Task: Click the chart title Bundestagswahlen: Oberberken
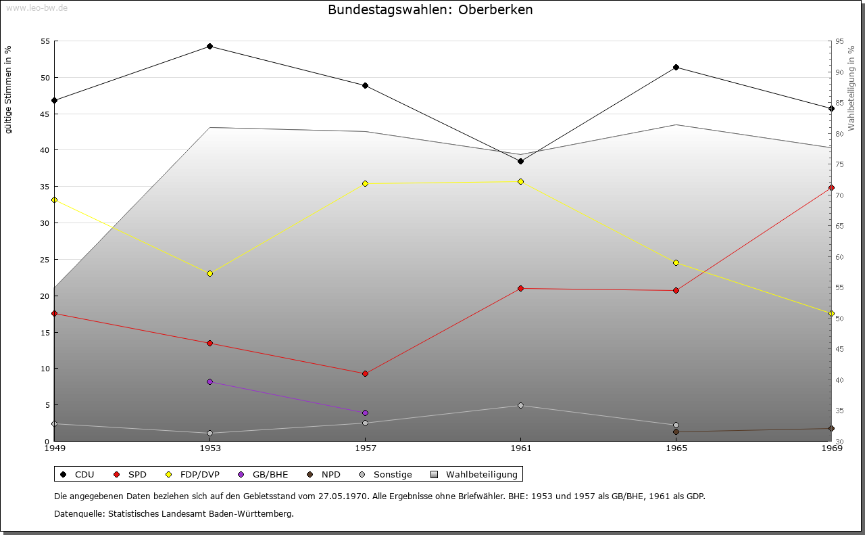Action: tap(430, 10)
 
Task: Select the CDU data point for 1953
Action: tap(210, 47)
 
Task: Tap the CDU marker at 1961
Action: tap(520, 161)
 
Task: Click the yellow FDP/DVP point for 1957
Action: tap(366, 183)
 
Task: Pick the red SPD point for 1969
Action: tap(831, 187)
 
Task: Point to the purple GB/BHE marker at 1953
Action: tap(210, 382)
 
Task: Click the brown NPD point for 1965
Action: tap(676, 432)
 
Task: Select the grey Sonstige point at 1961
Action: tap(520, 405)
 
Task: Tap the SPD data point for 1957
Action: tap(366, 373)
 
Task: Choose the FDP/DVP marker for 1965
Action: tap(676, 262)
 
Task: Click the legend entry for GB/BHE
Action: tap(263, 474)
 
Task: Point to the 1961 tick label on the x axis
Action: tap(520, 448)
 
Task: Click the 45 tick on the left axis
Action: tap(45, 114)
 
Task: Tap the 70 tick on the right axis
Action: tap(839, 195)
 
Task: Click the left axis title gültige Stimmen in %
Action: tap(9, 89)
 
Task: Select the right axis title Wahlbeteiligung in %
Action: tap(851, 88)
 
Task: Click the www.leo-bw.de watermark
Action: tap(36, 8)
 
